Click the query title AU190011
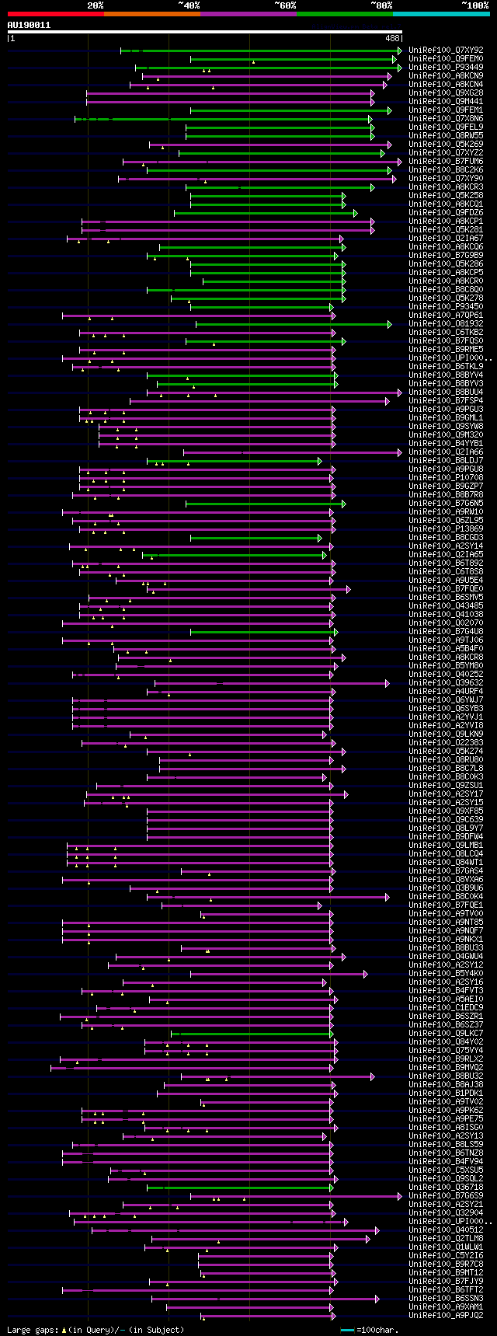pos(29,25)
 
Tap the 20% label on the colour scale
pos(95,5)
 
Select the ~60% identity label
pos(285,5)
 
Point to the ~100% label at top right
pos(474,5)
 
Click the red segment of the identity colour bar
pos(55,14)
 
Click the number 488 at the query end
pos(392,38)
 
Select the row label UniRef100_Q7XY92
pos(446,50)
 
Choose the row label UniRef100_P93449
pos(446,67)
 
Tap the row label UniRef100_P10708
pos(446,478)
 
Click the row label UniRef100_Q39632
pos(446,683)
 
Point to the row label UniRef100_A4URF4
pos(446,692)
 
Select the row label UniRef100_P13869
pos(446,529)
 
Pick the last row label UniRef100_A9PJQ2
pos(446,1315)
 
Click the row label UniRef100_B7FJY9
pos(446,1281)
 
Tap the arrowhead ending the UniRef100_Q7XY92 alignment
pos(400,51)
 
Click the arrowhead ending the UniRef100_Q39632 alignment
pos(387,683)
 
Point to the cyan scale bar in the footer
pos(347,1330)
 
